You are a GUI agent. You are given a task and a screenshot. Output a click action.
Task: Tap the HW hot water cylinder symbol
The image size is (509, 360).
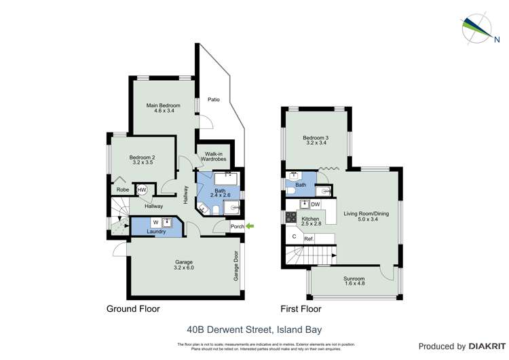click(142, 190)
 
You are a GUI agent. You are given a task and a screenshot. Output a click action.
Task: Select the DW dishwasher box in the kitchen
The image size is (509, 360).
click(315, 204)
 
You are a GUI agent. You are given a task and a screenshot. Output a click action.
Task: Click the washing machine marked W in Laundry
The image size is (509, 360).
click(155, 222)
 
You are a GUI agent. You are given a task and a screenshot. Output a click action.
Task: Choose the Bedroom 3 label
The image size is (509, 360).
click(316, 141)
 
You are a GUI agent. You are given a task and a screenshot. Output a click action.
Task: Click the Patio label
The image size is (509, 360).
click(214, 100)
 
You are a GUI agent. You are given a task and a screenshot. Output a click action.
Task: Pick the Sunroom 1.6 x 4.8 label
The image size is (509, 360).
click(353, 282)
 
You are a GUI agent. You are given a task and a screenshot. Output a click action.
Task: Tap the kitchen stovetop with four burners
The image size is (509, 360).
click(291, 218)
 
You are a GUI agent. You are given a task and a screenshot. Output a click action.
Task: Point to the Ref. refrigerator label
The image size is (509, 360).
click(308, 238)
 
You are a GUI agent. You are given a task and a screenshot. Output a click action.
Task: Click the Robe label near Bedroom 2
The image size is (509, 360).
click(121, 190)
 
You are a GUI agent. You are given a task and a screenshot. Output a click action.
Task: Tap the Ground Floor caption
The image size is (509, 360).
click(133, 309)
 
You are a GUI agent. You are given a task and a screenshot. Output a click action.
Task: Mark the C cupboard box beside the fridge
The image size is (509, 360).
click(293, 237)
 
